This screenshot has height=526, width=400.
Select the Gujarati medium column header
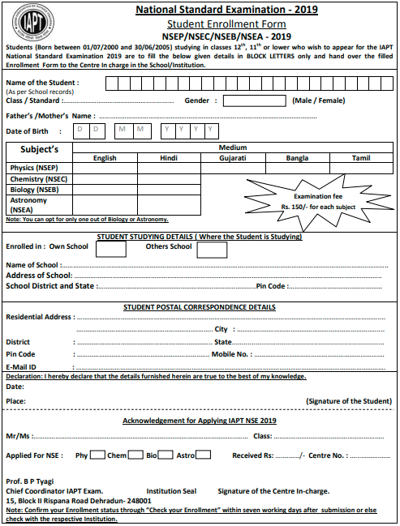click(233, 158)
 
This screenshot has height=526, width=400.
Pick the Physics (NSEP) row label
click(28, 168)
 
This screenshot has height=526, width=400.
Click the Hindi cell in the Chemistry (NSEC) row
click(168, 178)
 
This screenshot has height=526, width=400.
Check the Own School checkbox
click(111, 249)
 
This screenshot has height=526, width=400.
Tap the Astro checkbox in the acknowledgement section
click(204, 455)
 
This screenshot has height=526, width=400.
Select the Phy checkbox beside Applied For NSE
click(97, 455)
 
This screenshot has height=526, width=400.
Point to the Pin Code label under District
click(20, 354)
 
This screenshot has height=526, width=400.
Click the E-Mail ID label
click(20, 366)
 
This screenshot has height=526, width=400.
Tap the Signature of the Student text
click(348, 401)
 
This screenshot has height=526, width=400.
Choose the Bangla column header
click(297, 158)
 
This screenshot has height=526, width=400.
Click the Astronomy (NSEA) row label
click(31, 203)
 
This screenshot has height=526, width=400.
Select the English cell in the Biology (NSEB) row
click(104, 189)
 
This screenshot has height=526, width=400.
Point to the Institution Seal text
click(171, 491)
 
